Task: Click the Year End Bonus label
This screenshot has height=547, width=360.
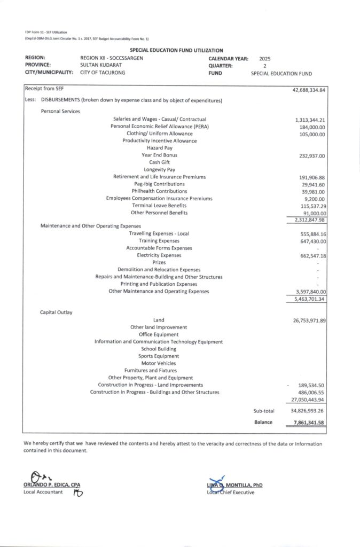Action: pyautogui.click(x=159, y=155)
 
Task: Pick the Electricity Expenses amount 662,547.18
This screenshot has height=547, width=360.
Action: pyautogui.click(x=310, y=256)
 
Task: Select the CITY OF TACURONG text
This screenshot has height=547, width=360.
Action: pyautogui.click(x=103, y=73)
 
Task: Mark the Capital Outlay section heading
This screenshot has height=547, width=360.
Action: pyautogui.click(x=56, y=312)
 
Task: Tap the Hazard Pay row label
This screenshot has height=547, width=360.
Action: pyautogui.click(x=159, y=148)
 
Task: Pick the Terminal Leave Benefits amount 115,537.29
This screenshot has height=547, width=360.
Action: pyautogui.click(x=310, y=206)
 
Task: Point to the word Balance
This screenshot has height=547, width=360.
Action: pyautogui.click(x=263, y=422)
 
